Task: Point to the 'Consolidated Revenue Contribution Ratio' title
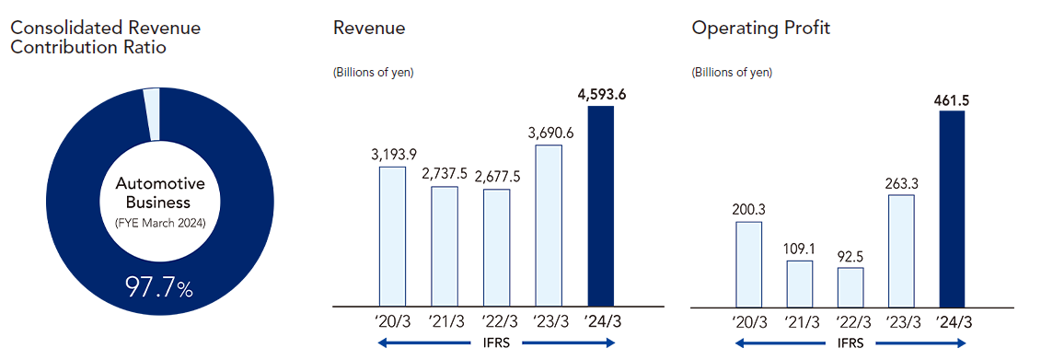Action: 105,37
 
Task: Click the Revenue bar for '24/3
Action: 599,205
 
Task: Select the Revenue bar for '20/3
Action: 393,236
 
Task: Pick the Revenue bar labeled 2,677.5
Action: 496,247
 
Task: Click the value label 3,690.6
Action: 548,133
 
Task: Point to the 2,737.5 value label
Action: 445,174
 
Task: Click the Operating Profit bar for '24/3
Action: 952,208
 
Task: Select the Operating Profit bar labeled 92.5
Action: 850,286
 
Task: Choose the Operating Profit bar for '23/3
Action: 901,250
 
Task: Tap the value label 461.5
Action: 951,98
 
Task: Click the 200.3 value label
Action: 748,208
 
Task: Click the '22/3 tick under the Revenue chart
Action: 496,322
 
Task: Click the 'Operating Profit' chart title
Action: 760,28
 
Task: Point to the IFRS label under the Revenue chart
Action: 497,343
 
